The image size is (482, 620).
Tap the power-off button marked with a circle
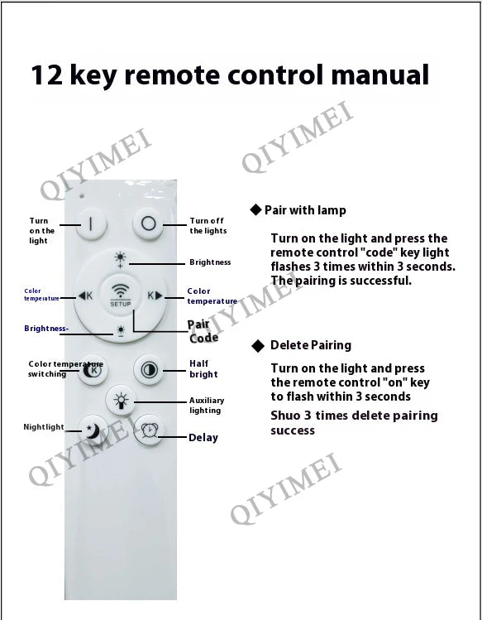click(148, 223)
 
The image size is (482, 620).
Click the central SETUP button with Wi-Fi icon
click(121, 295)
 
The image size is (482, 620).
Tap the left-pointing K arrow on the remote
click(85, 296)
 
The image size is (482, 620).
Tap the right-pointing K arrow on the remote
click(155, 296)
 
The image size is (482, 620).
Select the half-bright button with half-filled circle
click(149, 370)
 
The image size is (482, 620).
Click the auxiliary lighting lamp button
click(121, 400)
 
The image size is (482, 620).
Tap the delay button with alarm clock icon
click(149, 430)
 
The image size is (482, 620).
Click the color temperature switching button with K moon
click(93, 370)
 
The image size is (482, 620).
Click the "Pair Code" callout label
click(203, 331)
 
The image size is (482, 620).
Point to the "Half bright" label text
click(203, 369)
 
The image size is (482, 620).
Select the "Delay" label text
click(203, 438)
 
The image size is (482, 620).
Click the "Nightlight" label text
click(44, 427)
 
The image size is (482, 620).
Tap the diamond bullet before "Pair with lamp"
click(256, 209)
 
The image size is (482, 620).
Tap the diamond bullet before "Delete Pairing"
click(258, 346)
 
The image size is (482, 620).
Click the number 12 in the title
click(46, 74)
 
